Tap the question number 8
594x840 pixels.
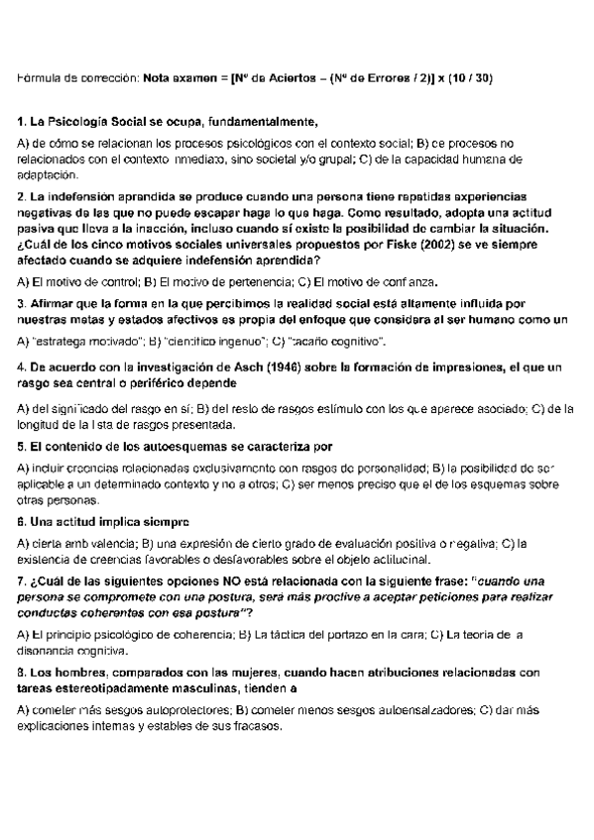tap(22, 672)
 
